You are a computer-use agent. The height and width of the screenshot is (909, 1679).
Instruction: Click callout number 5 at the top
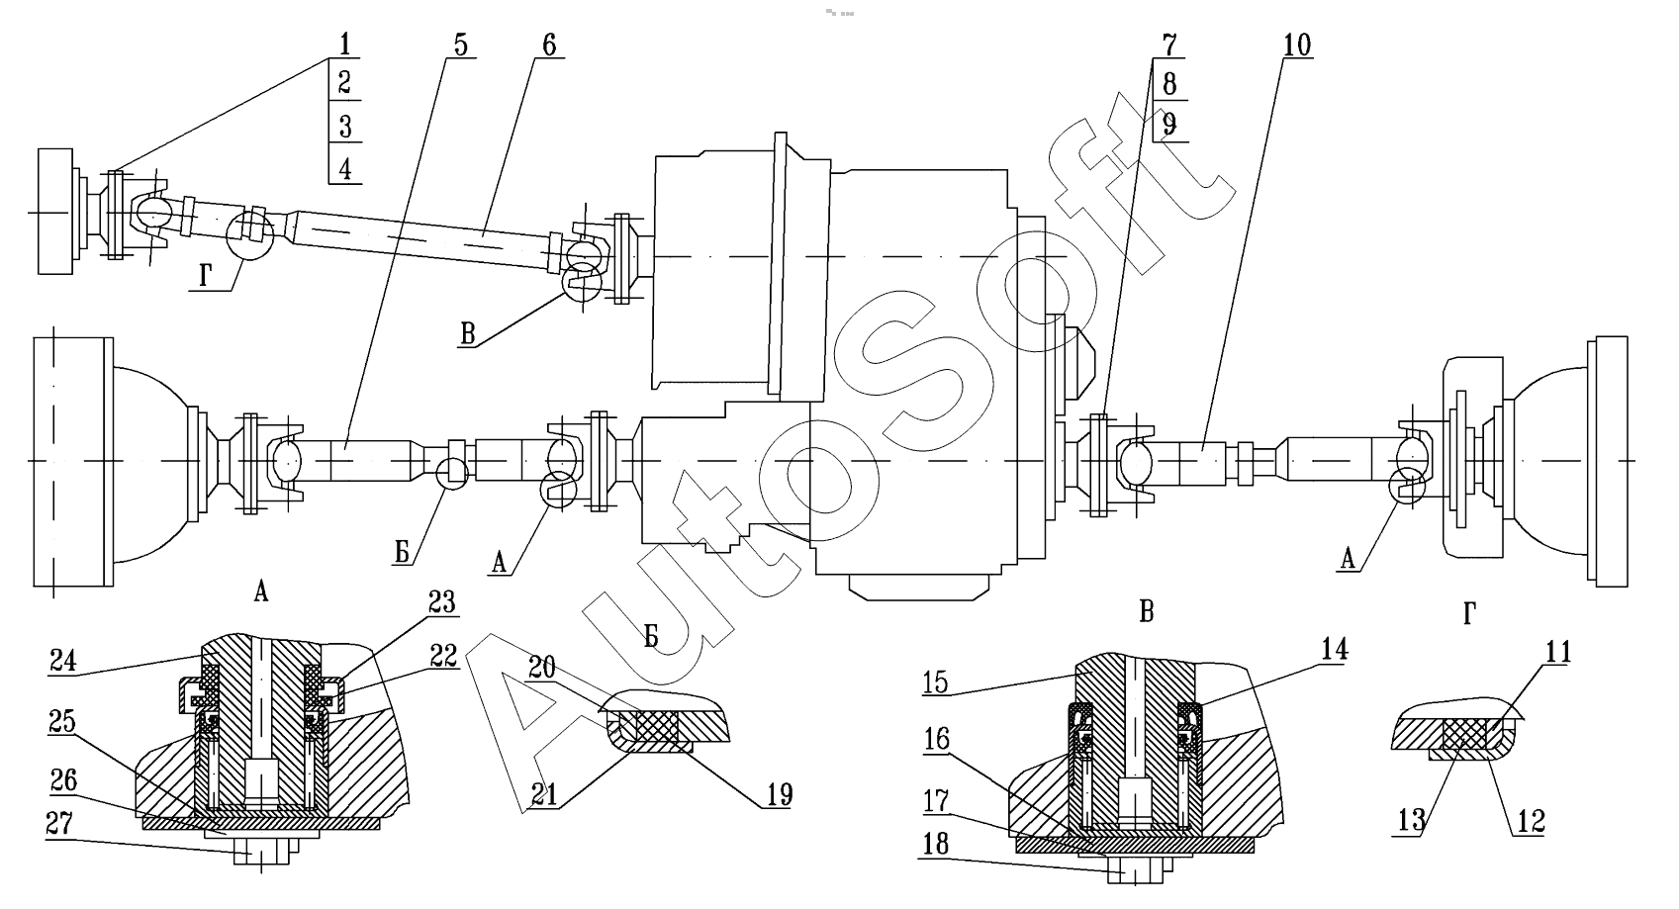pos(460,45)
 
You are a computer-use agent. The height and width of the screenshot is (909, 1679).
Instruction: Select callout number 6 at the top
pos(549,45)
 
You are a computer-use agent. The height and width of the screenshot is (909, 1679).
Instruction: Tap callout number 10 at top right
pos(1297,45)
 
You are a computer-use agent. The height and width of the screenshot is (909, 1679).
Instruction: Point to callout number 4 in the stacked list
pos(344,168)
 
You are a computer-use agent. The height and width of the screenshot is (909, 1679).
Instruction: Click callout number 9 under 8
pos(1169,125)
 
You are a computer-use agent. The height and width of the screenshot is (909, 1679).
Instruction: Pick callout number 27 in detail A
pos(59,823)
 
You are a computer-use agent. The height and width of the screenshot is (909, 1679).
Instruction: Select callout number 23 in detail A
pos(442,601)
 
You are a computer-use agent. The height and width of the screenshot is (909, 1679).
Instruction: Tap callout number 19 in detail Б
pos(780,794)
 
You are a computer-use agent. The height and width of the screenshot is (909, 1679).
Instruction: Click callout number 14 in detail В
pos(1334,649)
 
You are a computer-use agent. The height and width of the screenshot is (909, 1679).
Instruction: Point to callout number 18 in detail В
pos(935,844)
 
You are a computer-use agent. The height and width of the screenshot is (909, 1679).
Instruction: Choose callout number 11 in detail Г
pos(1557,652)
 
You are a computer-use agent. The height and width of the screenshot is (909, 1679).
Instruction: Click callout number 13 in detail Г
pos(1411,821)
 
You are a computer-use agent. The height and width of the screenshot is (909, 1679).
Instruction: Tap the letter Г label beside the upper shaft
pos(206,277)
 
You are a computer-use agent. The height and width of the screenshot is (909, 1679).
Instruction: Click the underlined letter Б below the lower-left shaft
pos(403,553)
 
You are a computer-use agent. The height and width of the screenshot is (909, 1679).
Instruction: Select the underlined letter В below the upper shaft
pos(468,333)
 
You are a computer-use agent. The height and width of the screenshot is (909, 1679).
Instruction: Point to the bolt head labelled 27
pos(261,852)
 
